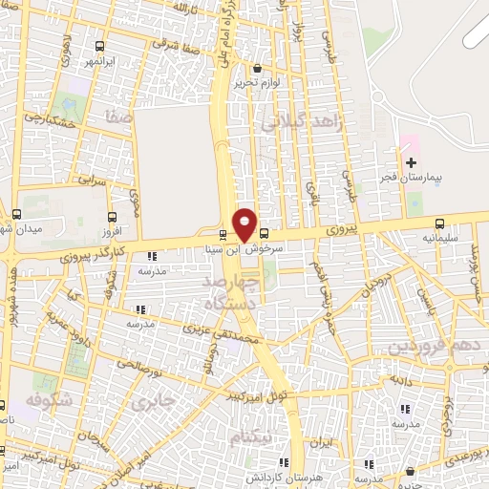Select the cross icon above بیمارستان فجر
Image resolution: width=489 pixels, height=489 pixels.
coord(411,162)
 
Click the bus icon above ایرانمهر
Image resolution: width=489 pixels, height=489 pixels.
coord(100,46)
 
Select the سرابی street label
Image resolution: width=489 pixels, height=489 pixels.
coord(92,180)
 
